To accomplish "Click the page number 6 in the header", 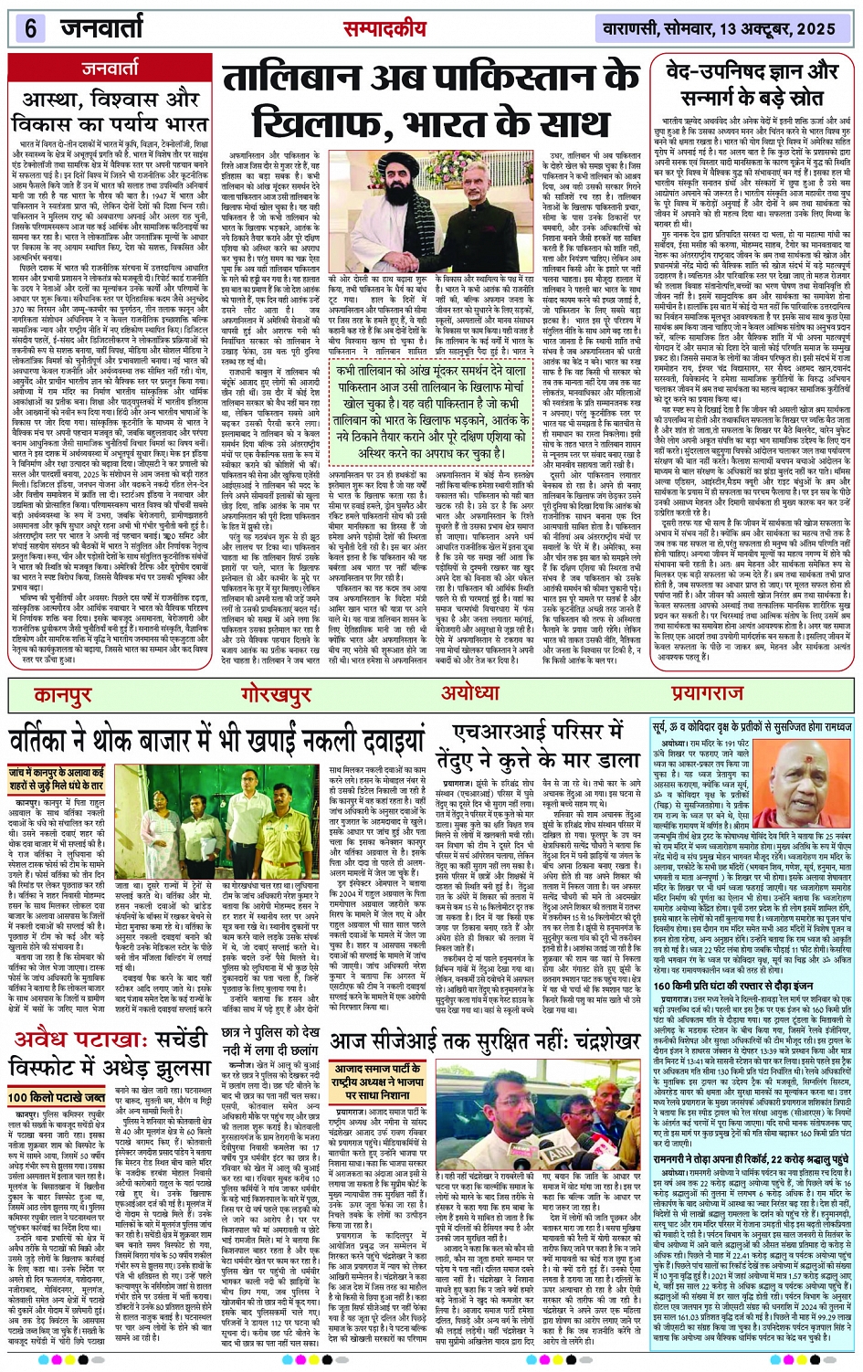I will (30, 27).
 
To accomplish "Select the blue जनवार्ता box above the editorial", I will (111, 68).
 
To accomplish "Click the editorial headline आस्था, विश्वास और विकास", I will (110, 111).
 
